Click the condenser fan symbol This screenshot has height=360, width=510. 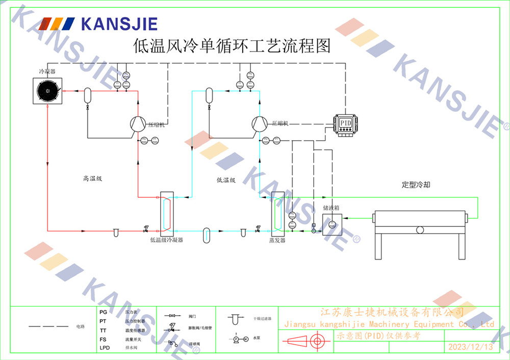point(47,91)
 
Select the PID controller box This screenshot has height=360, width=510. point(346,123)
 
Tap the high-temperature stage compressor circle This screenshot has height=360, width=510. point(138,124)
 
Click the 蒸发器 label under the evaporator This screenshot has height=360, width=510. point(277,240)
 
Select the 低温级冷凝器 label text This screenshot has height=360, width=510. point(166,240)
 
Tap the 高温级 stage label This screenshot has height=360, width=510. point(93,179)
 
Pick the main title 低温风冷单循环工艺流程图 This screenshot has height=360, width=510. point(232,46)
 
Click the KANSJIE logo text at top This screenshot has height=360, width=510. point(118,24)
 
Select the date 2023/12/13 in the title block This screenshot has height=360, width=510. point(470,347)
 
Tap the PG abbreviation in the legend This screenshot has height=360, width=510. point(104,312)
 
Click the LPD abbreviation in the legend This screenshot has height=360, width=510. point(105,348)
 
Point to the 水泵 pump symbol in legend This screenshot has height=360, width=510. point(240,339)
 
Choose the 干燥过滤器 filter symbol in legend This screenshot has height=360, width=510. point(235,319)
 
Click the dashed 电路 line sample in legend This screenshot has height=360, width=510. point(48,326)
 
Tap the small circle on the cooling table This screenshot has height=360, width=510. point(420,229)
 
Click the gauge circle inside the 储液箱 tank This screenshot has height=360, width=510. point(332,224)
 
